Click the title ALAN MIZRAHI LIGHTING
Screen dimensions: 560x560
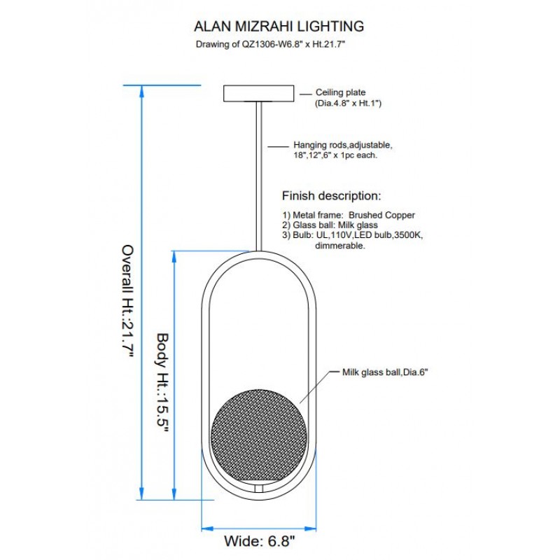click(279, 27)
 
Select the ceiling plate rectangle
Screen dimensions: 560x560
click(258, 93)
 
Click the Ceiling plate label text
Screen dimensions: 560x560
click(340, 92)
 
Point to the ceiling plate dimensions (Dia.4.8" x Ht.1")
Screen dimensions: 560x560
click(348, 103)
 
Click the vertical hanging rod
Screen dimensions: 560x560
click(259, 176)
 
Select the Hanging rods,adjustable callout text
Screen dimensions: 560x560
click(343, 145)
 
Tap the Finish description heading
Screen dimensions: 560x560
click(331, 196)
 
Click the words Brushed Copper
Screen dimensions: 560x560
click(381, 215)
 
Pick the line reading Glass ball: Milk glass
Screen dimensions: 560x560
click(330, 225)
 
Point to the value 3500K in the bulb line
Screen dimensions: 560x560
click(409, 235)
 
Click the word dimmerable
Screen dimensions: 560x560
click(340, 246)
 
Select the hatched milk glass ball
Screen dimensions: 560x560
click(259, 437)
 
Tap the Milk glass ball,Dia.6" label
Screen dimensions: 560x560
click(385, 372)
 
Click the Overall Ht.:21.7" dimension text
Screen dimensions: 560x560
click(127, 301)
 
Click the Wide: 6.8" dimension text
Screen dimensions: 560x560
click(260, 540)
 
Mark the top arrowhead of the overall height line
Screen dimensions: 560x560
click(141, 92)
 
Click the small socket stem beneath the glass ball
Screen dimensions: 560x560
click(259, 489)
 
